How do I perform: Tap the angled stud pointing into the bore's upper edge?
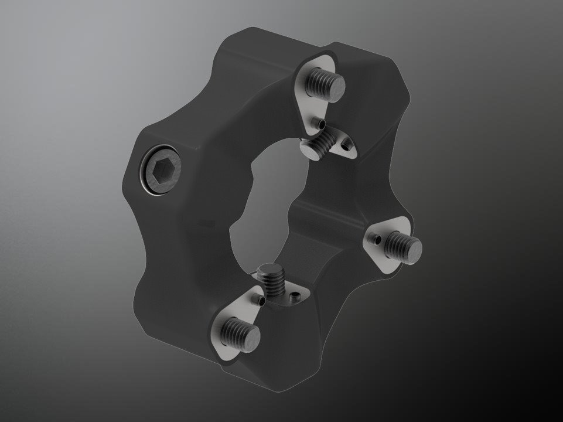[x=319, y=144]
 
